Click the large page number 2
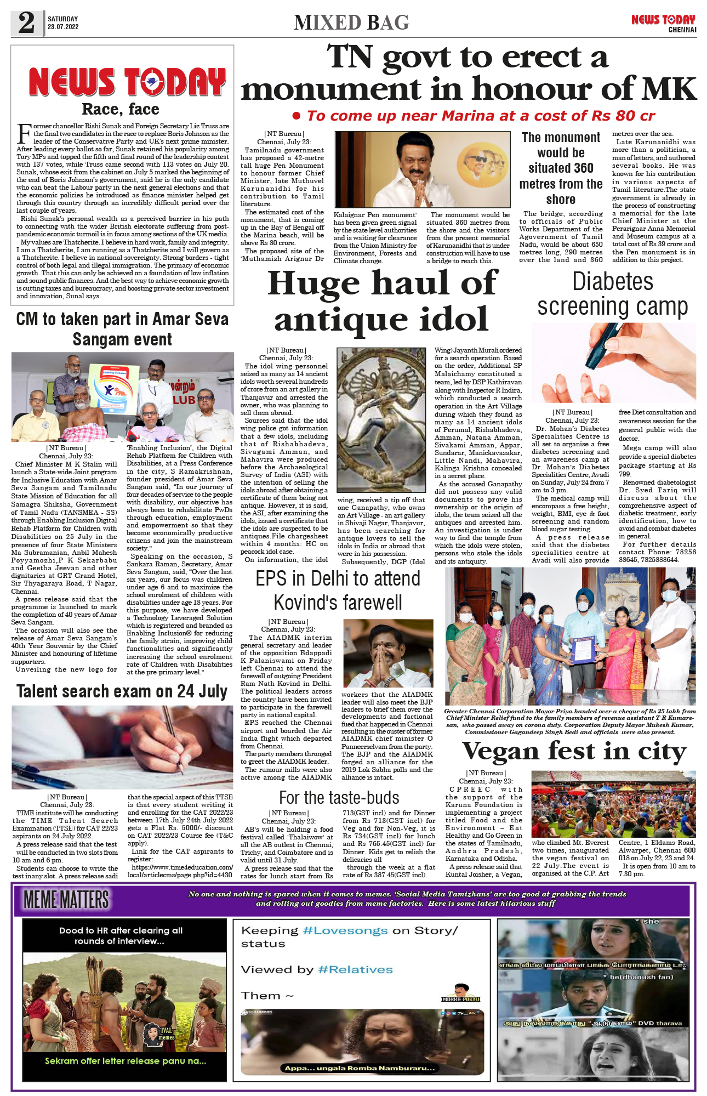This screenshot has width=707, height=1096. click(26, 23)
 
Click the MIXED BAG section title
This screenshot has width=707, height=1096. click(351, 23)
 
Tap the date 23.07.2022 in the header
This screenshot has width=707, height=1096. click(62, 27)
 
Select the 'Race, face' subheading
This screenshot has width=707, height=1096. click(121, 109)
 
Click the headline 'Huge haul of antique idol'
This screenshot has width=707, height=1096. click(382, 301)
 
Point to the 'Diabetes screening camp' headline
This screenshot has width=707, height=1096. click(612, 294)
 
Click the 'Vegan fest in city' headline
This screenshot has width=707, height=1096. click(574, 751)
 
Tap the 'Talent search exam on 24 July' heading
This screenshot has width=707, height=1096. click(122, 691)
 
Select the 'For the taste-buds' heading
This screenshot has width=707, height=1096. click(339, 797)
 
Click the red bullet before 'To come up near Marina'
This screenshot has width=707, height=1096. click(297, 116)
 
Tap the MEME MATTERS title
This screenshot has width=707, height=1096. click(66, 900)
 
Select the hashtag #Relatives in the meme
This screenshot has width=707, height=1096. click(355, 969)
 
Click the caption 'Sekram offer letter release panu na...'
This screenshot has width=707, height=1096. click(125, 1061)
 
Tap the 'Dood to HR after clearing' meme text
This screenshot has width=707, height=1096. click(121, 935)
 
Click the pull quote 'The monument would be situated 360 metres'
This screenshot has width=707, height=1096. click(561, 168)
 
